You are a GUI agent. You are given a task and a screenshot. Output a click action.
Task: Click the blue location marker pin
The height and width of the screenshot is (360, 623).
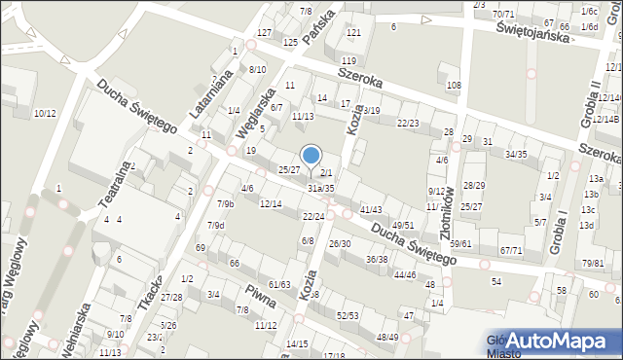coord(311,157)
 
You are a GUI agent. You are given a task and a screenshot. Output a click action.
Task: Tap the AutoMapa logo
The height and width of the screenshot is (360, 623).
coord(551,340)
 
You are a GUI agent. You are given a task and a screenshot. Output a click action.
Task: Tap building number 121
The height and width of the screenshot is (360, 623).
coord(353,33)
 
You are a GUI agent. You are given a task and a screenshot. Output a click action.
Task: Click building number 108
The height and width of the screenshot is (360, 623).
coord(454,86)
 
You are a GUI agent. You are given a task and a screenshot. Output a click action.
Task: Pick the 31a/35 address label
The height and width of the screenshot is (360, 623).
coord(320,188)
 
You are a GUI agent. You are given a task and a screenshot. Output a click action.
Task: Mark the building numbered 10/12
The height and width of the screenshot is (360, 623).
coord(45,114)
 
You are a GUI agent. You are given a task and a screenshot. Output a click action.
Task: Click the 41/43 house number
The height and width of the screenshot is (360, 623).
coord(370,210)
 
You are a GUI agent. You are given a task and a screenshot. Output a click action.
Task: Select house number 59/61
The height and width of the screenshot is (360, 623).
coord(461,244)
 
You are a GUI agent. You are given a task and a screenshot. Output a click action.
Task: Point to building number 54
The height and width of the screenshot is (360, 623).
coord(496,281)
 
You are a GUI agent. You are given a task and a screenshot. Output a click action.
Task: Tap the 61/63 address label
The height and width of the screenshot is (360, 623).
coord(280,284)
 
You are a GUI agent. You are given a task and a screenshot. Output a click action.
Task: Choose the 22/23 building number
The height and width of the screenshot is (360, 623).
coord(408,123)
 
